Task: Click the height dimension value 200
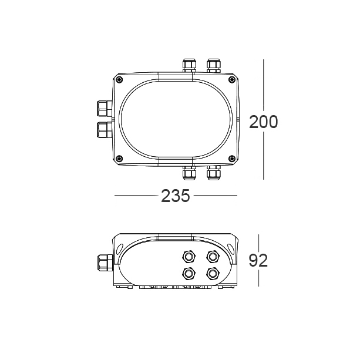pos(263,122)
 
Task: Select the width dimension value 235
pos(175,196)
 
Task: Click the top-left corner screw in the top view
pos(119,80)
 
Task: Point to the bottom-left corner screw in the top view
pos(119,158)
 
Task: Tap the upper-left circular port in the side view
pos(189,255)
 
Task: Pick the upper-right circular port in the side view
pos(212,255)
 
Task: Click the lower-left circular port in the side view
pos(189,273)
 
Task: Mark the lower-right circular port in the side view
pos(212,273)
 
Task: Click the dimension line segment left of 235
pos(136,196)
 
